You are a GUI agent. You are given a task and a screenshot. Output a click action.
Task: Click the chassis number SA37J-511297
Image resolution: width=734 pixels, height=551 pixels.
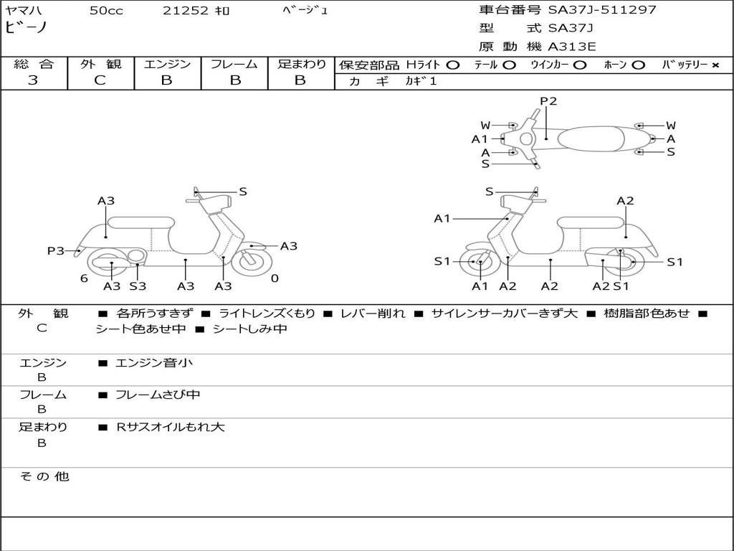point(602,10)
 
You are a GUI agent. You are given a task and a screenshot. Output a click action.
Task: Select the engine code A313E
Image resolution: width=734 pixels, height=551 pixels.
point(572,47)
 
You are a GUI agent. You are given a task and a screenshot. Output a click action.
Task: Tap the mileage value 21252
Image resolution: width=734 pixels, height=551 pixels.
point(186,11)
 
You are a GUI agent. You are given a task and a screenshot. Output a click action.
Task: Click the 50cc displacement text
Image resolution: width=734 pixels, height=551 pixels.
point(106,11)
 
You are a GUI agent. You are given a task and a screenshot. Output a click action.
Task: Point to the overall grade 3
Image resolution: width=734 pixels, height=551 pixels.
point(33,80)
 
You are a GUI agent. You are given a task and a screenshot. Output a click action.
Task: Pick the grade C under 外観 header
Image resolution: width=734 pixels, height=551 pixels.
point(100,80)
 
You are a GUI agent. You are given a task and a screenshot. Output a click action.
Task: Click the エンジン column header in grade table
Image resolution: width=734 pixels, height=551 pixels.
point(167,65)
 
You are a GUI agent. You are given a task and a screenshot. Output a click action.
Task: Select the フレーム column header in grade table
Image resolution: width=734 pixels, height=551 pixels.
point(234,65)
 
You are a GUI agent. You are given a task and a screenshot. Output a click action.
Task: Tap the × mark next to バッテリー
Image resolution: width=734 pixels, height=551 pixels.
point(715,65)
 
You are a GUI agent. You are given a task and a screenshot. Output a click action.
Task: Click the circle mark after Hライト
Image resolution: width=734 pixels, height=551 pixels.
point(452,65)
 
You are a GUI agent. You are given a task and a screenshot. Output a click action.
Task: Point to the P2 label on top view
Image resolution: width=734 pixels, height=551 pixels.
point(548,101)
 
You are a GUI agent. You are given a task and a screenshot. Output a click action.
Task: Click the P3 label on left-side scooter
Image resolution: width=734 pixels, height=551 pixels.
point(56,250)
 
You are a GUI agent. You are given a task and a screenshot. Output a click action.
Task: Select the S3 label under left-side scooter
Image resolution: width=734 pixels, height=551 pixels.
point(138,286)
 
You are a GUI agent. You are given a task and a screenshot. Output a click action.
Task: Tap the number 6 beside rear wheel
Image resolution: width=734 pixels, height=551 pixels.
point(84,278)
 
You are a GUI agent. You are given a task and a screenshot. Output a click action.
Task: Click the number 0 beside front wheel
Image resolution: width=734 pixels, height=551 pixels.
point(275,278)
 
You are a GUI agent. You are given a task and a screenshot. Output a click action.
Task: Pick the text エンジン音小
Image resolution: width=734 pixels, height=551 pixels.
point(153,363)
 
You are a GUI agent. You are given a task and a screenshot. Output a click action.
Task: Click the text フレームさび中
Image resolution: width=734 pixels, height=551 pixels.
point(158,395)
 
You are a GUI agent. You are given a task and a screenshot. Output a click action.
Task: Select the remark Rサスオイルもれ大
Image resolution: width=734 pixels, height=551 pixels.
point(171,427)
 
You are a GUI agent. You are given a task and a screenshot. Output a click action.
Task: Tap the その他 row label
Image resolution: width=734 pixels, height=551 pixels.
point(44,476)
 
